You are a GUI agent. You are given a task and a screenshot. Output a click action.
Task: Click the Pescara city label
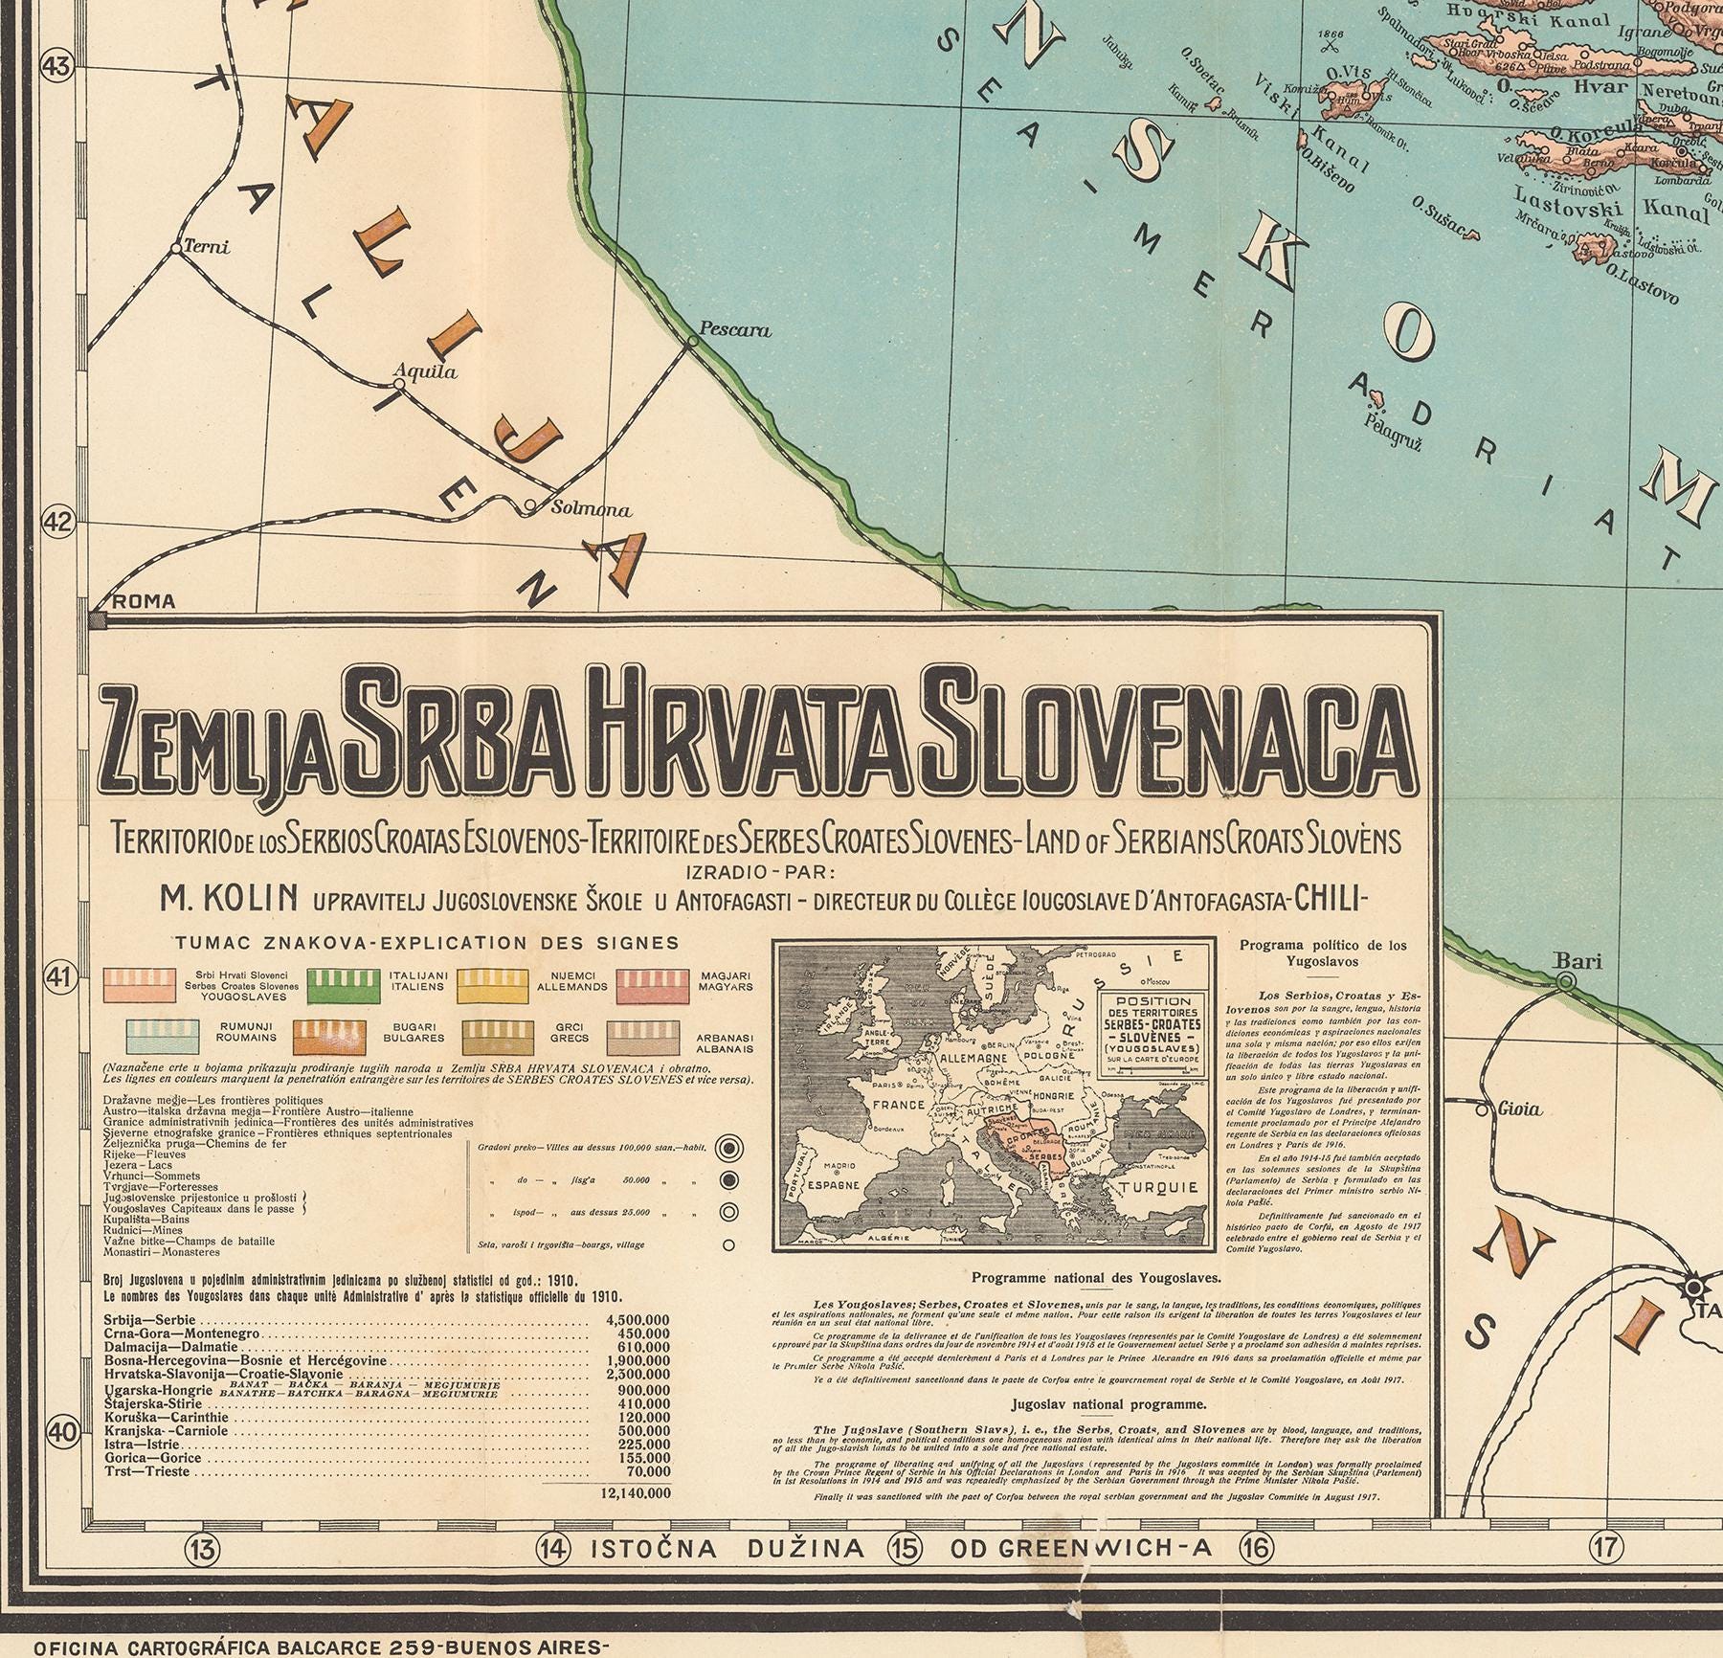coord(735,330)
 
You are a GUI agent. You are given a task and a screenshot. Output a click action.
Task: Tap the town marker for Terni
coord(176,249)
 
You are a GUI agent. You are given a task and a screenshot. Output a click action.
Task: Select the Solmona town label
coord(592,509)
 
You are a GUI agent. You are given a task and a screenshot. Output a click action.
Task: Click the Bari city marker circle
coord(1566,981)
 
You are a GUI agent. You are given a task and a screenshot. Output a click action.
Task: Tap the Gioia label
coord(1521,1109)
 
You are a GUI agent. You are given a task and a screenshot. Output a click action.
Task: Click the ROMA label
coord(145,601)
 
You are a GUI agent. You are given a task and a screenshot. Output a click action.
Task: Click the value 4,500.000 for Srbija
coord(638,1319)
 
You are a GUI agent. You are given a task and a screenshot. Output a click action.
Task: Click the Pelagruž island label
coord(1384,418)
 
